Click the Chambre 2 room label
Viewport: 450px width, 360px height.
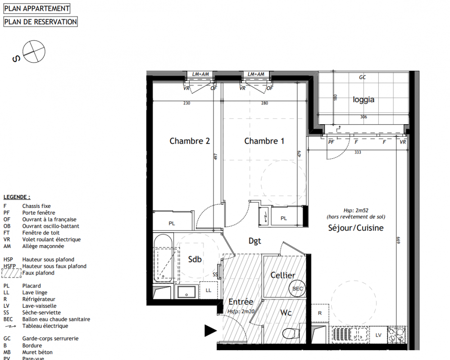pos(190,141)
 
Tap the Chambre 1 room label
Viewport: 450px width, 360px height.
pos(264,141)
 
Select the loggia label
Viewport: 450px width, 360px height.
pos(364,100)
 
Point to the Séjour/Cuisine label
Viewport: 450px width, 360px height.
pos(356,228)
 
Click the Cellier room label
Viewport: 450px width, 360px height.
pos(283,275)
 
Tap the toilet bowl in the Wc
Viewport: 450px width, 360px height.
pos(291,333)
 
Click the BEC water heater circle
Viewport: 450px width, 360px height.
pos(297,288)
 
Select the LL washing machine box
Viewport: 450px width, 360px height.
pos(209,290)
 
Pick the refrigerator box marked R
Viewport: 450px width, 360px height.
pos(320,313)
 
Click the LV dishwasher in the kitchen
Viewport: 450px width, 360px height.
pos(378,335)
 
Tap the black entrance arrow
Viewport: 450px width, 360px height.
pos(210,331)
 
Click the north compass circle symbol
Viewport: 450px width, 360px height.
pos(34,52)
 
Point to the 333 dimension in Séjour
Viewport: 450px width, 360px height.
pos(358,153)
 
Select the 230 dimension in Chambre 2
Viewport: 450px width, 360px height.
pos(187,103)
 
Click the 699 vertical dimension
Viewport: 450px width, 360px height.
pos(399,240)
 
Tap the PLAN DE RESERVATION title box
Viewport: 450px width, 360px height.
pos(41,22)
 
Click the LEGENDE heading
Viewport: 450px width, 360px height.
pos(17,197)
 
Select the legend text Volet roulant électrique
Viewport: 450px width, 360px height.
pos(51,239)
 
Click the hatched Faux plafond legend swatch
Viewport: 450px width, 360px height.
pos(12,273)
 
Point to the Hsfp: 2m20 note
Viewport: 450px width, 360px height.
pos(241,311)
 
